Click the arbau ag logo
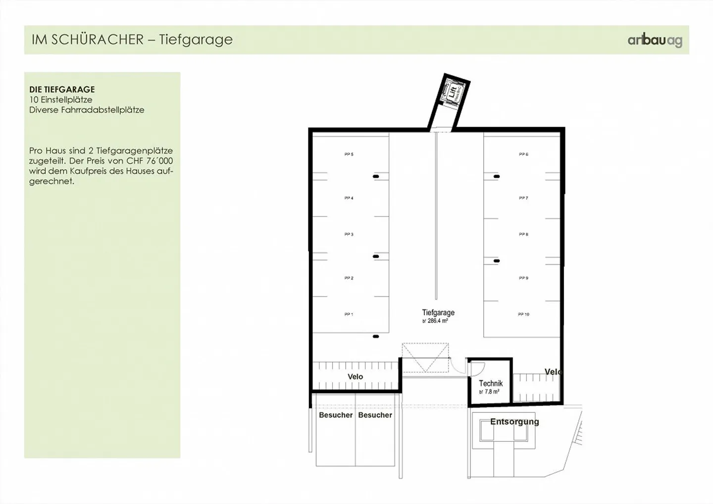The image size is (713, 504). [655, 40]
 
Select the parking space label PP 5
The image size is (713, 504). [349, 154]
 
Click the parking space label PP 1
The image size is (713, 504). [349, 314]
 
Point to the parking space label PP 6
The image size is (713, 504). [523, 154]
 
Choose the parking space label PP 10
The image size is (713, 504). [523, 314]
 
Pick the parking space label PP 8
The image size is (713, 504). [523, 234]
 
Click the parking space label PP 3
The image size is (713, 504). [349, 234]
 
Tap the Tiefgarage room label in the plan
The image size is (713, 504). [438, 312]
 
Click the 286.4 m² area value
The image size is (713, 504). [437, 321]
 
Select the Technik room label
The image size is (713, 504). [491, 383]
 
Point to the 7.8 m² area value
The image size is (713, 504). [491, 392]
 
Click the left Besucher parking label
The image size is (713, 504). [336, 415]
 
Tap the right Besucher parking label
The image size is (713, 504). [375, 415]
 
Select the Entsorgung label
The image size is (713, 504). [514, 422]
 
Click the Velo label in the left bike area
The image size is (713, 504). [355, 377]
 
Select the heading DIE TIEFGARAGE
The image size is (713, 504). [62, 90]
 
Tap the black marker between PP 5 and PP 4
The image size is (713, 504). [376, 176]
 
